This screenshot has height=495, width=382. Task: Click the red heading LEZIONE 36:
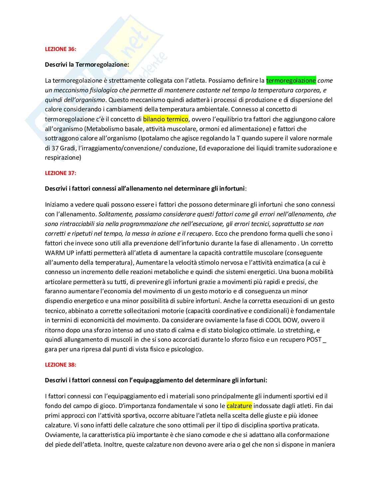click(x=60, y=49)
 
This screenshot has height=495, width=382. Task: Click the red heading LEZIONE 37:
click(x=60, y=173)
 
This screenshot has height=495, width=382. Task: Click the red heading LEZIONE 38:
click(x=60, y=365)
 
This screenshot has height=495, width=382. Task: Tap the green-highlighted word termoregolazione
click(x=291, y=80)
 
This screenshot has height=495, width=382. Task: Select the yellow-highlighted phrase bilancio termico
click(x=165, y=119)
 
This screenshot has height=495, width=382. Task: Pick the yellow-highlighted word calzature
click(x=239, y=406)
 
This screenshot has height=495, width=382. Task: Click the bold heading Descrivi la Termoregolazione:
click(x=87, y=65)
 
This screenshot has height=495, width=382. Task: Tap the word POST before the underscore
click(x=314, y=340)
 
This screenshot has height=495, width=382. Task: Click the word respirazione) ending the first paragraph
click(x=63, y=158)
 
